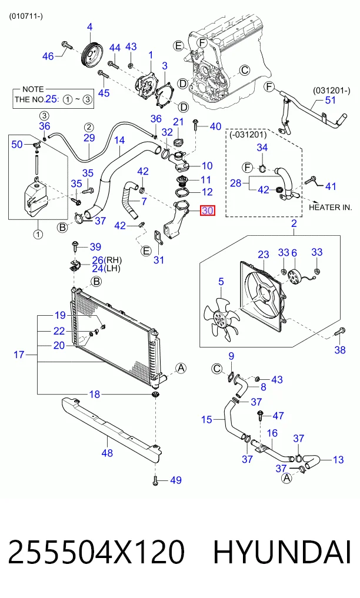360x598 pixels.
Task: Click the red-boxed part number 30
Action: point(208,210)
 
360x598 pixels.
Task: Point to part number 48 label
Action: point(107,453)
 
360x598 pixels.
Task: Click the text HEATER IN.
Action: point(330,208)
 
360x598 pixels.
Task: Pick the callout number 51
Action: point(330,100)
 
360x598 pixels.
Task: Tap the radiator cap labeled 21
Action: point(178,142)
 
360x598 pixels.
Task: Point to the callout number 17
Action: point(19,355)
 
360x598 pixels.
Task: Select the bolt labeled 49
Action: point(155,480)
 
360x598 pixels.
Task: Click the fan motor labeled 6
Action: point(294,277)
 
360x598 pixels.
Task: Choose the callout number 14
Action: point(119,141)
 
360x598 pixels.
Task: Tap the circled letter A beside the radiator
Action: point(181,368)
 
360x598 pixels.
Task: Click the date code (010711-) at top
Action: point(26,16)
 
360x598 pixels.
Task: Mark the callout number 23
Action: point(264,255)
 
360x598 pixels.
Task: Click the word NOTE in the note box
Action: point(33,89)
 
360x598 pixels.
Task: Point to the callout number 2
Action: point(294,223)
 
